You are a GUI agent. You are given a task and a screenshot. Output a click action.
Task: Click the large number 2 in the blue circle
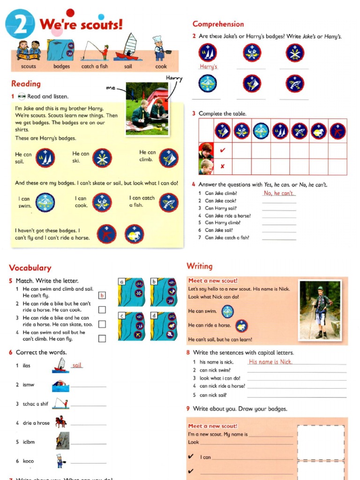pyautogui.click(x=20, y=24)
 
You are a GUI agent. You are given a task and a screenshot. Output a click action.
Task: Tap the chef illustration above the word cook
pyautogui.click(x=159, y=47)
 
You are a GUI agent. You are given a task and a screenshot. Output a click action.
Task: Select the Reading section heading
pyautogui.click(x=26, y=83)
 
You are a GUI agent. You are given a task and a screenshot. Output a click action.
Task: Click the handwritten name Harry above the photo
pyautogui.click(x=174, y=78)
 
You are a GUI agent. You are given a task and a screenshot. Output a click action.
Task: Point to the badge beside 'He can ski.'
pyautogui.click(x=102, y=157)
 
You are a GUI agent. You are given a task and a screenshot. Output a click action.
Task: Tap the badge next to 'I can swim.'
pyautogui.click(x=45, y=202)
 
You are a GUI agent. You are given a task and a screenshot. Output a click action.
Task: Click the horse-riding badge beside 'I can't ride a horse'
pyautogui.click(x=135, y=233)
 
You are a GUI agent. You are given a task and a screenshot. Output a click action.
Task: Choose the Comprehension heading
pyautogui.click(x=218, y=24)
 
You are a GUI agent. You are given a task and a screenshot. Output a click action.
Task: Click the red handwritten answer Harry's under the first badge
pyautogui.click(x=209, y=67)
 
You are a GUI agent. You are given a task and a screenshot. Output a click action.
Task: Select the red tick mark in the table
pyautogui.click(x=223, y=150)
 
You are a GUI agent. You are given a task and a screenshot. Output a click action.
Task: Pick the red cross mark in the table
pyautogui.click(x=223, y=166)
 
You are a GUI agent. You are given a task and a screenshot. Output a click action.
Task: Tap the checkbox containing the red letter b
pyautogui.click(x=102, y=295)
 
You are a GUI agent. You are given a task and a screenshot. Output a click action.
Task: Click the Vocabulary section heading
pyautogui.click(x=30, y=268)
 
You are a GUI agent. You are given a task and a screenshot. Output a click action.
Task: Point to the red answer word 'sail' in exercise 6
pyautogui.click(x=77, y=365)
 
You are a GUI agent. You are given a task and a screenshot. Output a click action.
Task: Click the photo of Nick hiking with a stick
pyautogui.click(x=320, y=310)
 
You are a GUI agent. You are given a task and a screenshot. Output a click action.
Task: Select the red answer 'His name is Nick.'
pyautogui.click(x=270, y=362)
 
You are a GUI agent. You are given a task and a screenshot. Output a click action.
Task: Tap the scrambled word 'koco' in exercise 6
pyautogui.click(x=28, y=461)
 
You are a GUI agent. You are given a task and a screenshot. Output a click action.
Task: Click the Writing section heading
pyautogui.click(x=200, y=266)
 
